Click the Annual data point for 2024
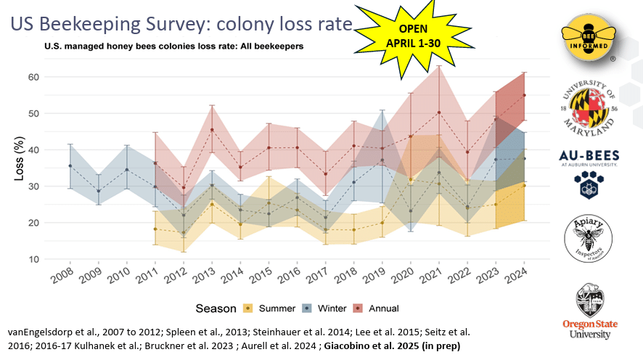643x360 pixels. [524, 95]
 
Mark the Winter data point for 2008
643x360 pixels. [70, 165]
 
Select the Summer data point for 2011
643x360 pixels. [155, 229]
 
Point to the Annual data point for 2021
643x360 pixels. [439, 112]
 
